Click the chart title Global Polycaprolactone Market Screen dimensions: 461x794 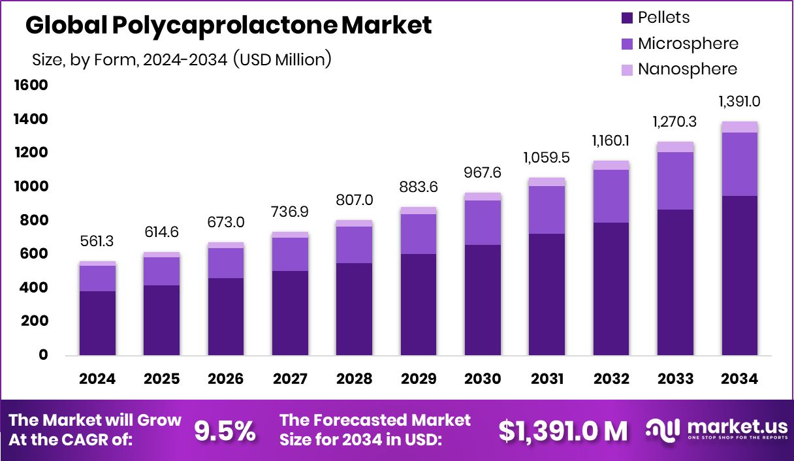pos(228,25)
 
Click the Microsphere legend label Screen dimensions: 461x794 pos(688,44)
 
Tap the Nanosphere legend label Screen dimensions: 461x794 pos(687,69)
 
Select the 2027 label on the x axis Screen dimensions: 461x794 pos(290,379)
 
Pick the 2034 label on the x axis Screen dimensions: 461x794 pos(740,379)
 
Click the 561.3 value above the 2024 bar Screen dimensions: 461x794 pos(97,242)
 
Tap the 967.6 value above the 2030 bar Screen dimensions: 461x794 pos(483,173)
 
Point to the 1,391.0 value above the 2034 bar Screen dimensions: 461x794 pos(740,102)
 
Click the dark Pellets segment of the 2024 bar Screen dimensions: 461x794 pos(97,323)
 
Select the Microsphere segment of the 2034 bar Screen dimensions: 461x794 pos(740,164)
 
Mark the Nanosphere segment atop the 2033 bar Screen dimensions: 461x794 pos(675,147)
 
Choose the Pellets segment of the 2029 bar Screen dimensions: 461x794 pos(419,304)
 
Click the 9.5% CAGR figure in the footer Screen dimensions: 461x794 pos(225,430)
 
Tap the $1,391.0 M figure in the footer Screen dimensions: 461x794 pos(563,430)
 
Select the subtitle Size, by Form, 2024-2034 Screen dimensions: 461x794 pos(182,59)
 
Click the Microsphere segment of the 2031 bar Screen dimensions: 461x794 pos(547,210)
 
